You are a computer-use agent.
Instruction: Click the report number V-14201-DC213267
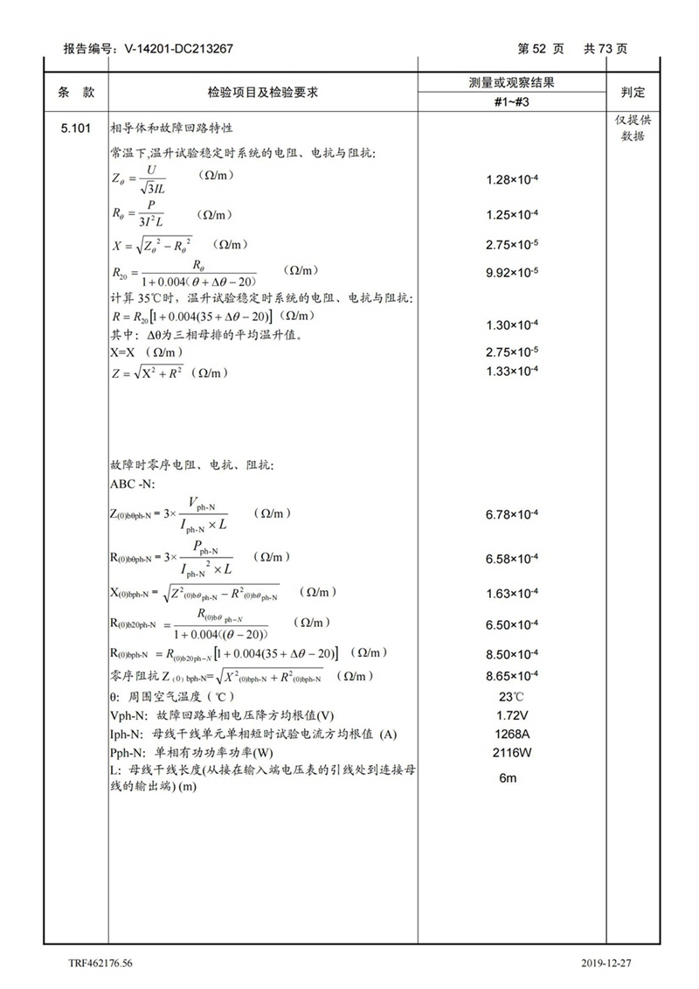pyautogui.click(x=172, y=49)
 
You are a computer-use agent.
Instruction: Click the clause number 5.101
pyautogui.click(x=76, y=129)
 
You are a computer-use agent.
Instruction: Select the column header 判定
pyautogui.click(x=633, y=92)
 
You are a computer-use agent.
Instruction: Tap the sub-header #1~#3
pyautogui.click(x=512, y=102)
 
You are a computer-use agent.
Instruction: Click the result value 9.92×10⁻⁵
pyautogui.click(x=512, y=272)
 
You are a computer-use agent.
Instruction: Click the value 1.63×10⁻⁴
pyautogui.click(x=512, y=594)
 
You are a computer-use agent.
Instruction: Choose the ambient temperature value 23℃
pyautogui.click(x=512, y=696)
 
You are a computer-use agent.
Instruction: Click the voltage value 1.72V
pyautogui.click(x=512, y=715)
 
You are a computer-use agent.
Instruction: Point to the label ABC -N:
pyautogui.click(x=133, y=484)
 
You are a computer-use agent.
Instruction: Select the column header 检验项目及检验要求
pyautogui.click(x=261, y=92)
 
